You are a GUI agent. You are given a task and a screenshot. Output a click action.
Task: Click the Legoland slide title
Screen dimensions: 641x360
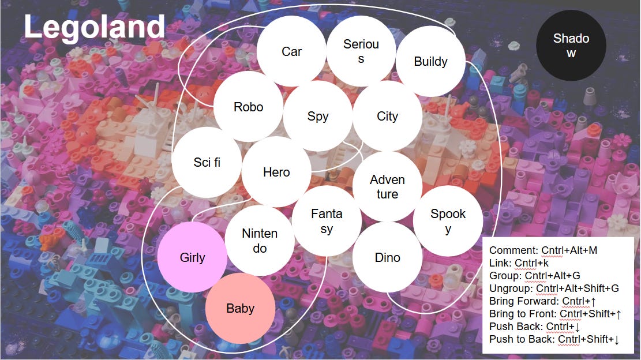click(x=95, y=27)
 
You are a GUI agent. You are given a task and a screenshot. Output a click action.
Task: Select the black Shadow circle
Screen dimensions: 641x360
click(x=571, y=46)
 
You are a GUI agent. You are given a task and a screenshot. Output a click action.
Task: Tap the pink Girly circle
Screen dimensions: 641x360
click(x=192, y=257)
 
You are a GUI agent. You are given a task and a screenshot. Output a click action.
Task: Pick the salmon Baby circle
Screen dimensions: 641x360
click(x=240, y=308)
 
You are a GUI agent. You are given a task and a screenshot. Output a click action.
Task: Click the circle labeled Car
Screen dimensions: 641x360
click(x=291, y=51)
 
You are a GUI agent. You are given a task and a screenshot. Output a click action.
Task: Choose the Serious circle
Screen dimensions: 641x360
click(x=361, y=51)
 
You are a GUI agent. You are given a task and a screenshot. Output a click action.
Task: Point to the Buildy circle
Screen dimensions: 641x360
click(x=430, y=62)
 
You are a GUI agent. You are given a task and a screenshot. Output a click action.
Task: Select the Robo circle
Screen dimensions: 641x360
click(x=248, y=107)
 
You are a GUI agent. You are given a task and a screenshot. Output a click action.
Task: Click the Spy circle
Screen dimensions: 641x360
click(x=317, y=116)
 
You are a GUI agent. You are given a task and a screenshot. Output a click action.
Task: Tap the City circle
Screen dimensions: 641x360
click(x=387, y=116)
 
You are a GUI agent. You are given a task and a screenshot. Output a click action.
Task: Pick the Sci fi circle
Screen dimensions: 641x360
click(x=207, y=162)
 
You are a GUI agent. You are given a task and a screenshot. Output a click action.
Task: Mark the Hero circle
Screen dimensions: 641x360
click(x=276, y=172)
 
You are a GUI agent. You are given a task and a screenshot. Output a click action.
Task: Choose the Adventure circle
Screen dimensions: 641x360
click(x=387, y=186)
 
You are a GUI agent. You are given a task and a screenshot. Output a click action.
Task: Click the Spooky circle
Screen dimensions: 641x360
click(x=448, y=221)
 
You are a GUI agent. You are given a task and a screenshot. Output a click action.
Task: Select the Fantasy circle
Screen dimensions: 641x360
click(x=327, y=221)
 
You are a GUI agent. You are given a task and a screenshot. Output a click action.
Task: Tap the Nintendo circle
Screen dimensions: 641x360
click(x=260, y=241)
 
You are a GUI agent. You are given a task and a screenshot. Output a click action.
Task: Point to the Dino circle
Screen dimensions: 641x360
click(x=387, y=257)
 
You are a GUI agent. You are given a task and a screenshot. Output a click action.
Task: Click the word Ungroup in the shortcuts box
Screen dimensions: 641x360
click(x=510, y=288)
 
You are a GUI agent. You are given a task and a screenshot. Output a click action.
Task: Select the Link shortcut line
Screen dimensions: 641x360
click(x=518, y=262)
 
